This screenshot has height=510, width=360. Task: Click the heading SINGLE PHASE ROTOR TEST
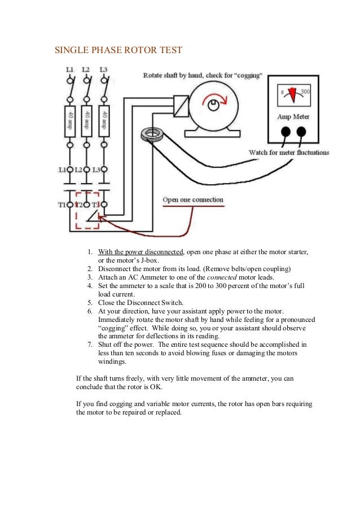[118, 50]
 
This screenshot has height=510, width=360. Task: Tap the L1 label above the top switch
[69, 70]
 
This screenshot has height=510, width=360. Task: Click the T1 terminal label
[63, 204]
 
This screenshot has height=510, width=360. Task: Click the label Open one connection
[192, 199]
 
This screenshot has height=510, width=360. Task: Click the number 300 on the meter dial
[305, 92]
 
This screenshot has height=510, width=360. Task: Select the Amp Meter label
[293, 117]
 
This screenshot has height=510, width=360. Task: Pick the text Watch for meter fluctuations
[289, 152]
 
